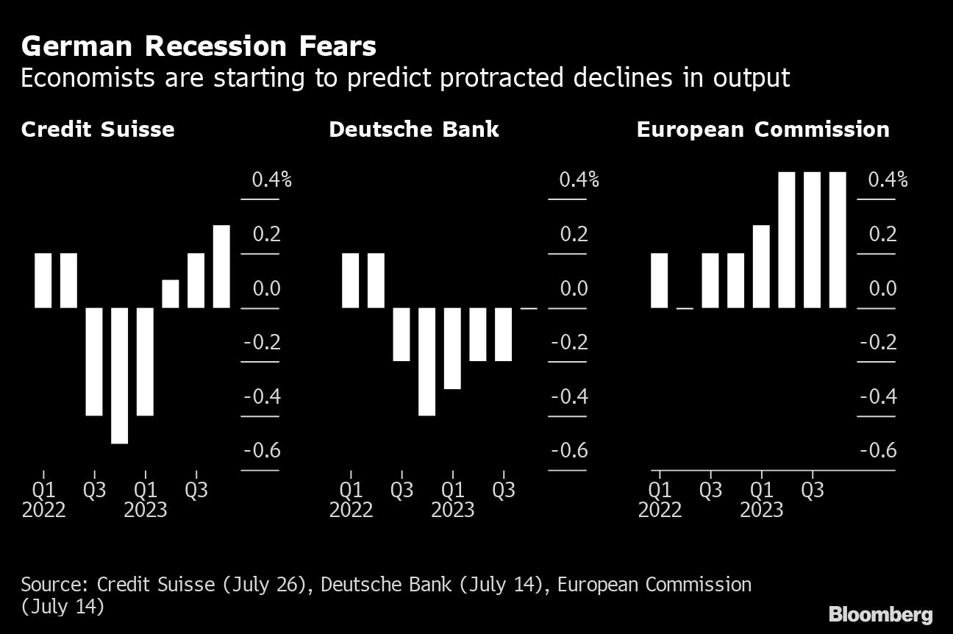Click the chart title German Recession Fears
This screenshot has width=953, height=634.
199,47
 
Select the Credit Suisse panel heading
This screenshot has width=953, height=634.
98,130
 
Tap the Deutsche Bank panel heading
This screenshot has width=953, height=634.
414,130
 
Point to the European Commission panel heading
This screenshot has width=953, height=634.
763,130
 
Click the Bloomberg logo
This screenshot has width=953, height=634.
880,614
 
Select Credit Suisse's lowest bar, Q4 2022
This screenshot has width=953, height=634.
120,375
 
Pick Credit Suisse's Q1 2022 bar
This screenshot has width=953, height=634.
43,280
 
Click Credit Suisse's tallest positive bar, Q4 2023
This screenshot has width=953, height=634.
221,266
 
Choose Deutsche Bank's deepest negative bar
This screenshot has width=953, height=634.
426,361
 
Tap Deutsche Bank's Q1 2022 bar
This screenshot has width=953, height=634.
351,280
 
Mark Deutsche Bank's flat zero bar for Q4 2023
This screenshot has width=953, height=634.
529,308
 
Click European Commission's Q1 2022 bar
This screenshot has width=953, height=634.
660,280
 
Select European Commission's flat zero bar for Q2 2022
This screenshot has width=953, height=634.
685,308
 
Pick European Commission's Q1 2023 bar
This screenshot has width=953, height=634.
761,266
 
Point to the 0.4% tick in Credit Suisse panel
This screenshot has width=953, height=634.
271,179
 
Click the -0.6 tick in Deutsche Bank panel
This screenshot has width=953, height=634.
569,450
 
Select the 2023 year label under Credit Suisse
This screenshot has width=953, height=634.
146,510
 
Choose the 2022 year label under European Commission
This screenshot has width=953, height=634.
660,510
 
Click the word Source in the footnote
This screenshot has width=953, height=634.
54,585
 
